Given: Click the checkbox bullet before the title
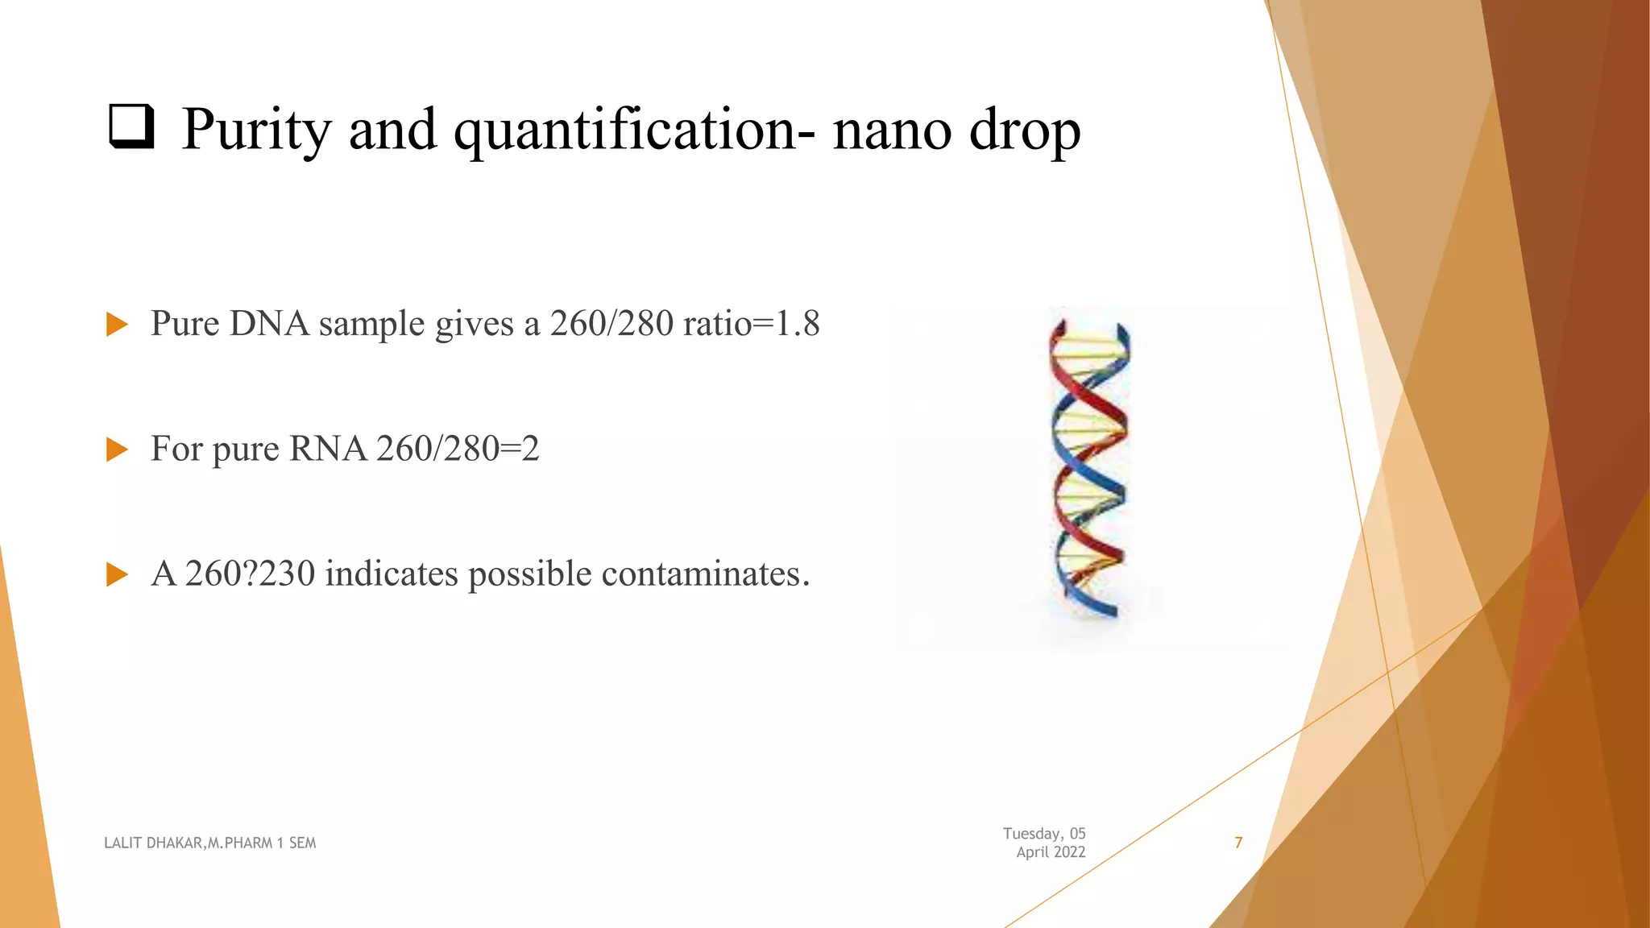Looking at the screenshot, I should click(x=131, y=128).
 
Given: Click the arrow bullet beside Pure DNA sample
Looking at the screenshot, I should click(x=118, y=325).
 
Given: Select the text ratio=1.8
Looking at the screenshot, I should click(x=751, y=324).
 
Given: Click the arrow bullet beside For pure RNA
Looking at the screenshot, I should click(x=118, y=449).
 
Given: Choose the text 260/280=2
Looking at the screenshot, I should click(x=458, y=449).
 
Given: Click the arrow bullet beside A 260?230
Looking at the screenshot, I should click(x=118, y=574).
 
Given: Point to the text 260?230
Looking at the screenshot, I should click(x=250, y=574).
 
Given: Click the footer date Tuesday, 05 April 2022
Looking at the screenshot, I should click(x=1045, y=843).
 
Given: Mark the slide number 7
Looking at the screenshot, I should click(x=1238, y=843).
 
